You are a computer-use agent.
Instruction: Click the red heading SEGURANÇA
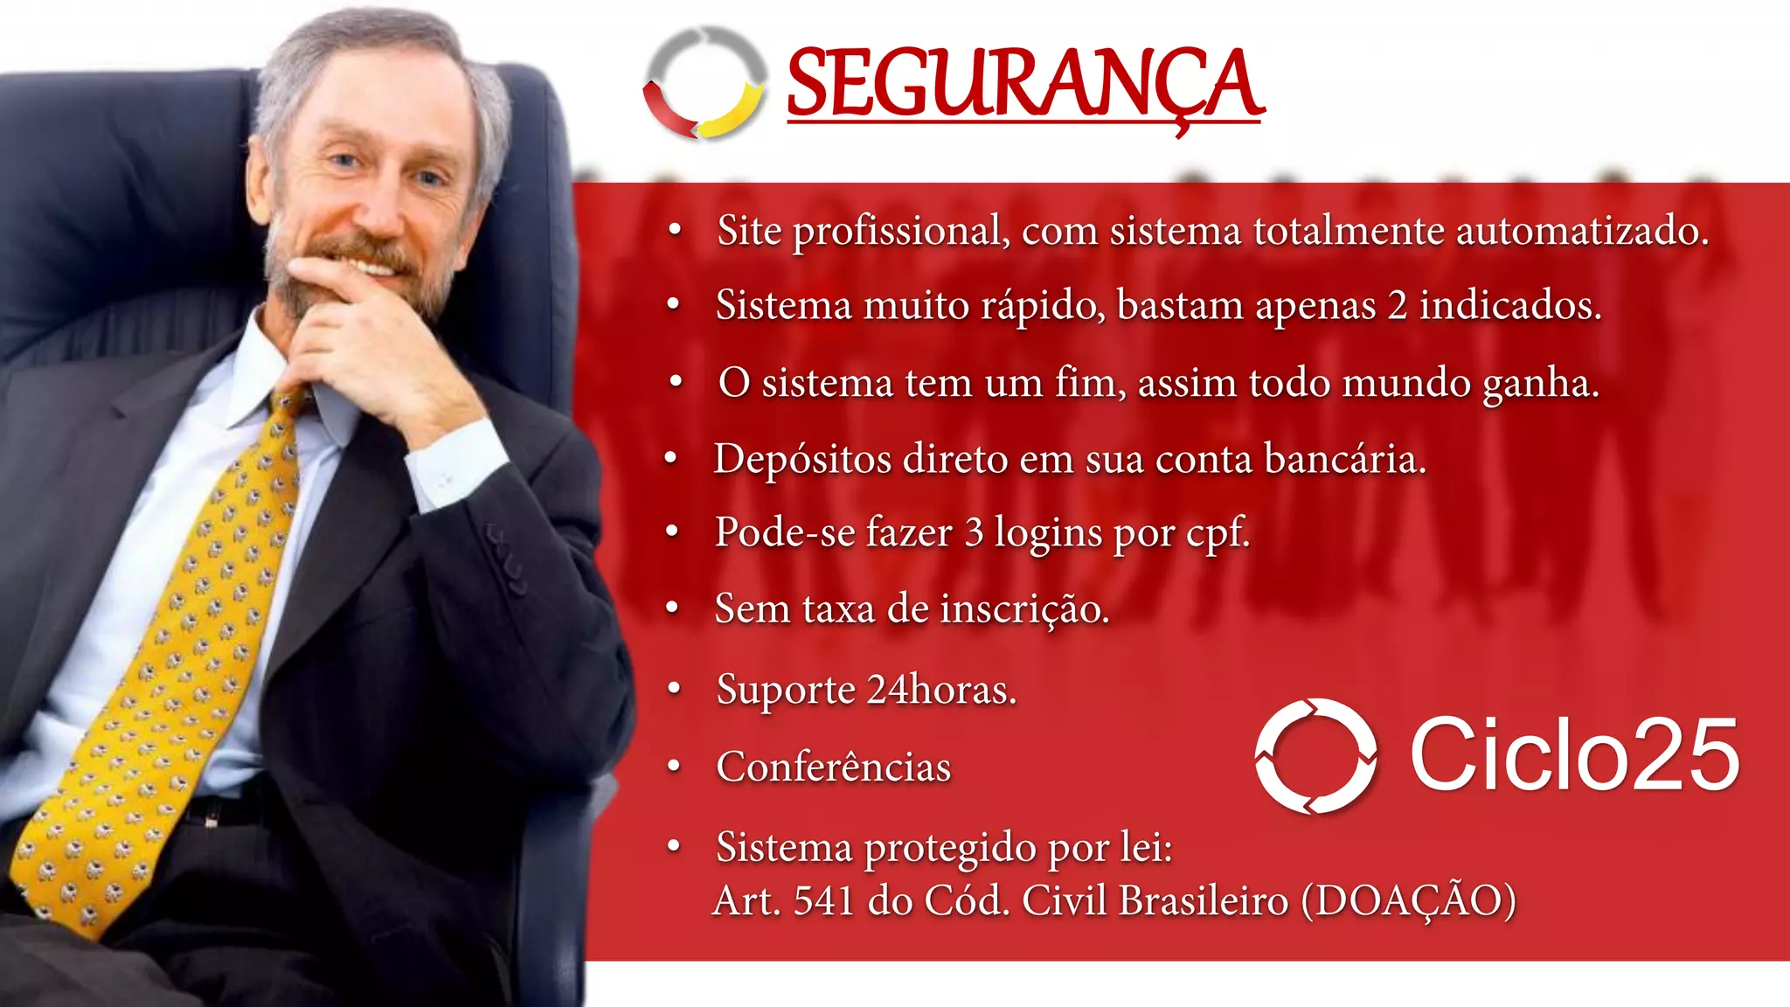(x=1024, y=85)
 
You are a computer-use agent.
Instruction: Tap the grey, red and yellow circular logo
(x=704, y=83)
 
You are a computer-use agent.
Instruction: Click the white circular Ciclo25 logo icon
(x=1315, y=755)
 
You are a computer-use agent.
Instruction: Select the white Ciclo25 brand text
(x=1574, y=754)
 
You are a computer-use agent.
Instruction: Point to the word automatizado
(x=1581, y=231)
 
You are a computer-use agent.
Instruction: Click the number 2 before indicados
(x=1397, y=306)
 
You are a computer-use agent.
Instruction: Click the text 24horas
(x=941, y=690)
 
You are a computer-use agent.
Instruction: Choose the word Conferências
(x=833, y=767)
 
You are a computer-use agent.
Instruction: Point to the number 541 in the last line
(x=823, y=901)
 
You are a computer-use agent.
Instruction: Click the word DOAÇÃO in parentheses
(x=1408, y=901)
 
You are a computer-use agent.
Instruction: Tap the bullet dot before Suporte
(x=673, y=690)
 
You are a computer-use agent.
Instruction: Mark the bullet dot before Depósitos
(x=670, y=459)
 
